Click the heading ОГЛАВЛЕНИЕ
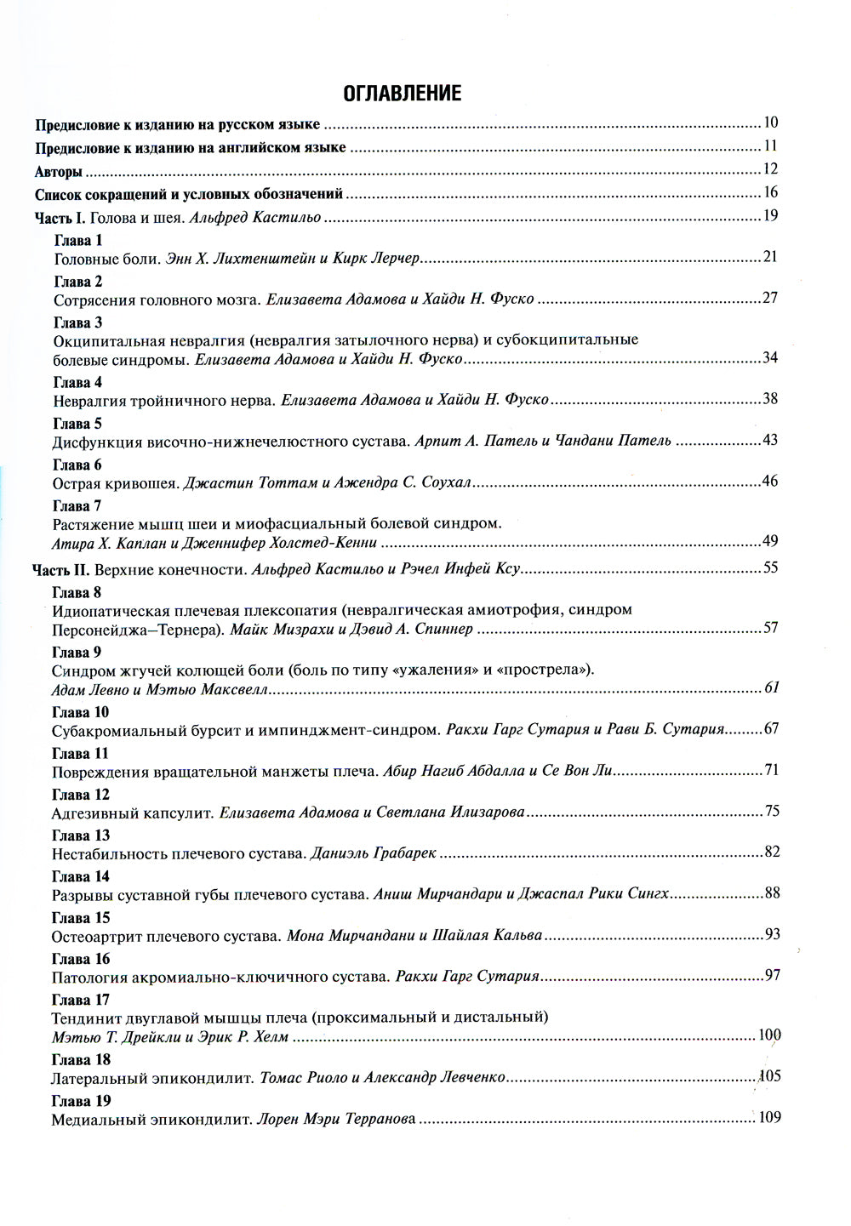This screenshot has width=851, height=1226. pyautogui.click(x=402, y=93)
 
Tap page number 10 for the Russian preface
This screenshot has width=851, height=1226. pyautogui.click(x=771, y=123)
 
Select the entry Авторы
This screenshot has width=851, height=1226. pyautogui.click(x=59, y=171)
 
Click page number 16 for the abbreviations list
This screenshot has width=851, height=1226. pyautogui.click(x=771, y=192)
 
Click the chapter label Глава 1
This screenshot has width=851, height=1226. pyautogui.click(x=77, y=240)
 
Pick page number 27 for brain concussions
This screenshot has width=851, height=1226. pyautogui.click(x=771, y=298)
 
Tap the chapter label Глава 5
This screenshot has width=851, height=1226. pyautogui.click(x=77, y=424)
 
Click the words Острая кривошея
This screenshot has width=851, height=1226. pyautogui.click(x=115, y=483)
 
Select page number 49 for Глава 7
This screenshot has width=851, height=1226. pyautogui.click(x=771, y=541)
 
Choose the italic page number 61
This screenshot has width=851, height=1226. pyautogui.click(x=771, y=687)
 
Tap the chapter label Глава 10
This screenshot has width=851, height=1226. pyautogui.click(x=80, y=712)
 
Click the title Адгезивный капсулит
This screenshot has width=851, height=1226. pyautogui.click(x=132, y=813)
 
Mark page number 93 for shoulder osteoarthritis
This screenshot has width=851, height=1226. pyautogui.click(x=772, y=935)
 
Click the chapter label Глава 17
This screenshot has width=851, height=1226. pyautogui.click(x=80, y=1000)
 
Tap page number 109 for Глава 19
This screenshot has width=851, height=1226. pyautogui.click(x=768, y=1118)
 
